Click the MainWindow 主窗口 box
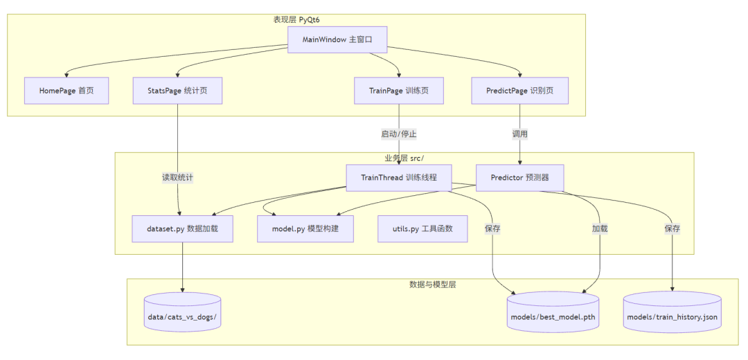(337, 39)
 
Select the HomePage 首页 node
(66, 90)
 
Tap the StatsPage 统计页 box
(177, 90)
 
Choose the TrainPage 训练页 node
(399, 90)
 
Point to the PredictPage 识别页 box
(519, 90)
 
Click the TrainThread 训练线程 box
(400, 178)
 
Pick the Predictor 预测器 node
(520, 178)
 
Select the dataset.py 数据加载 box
(183, 228)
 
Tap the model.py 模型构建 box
(305, 228)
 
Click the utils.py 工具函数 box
(422, 228)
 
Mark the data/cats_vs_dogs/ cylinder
(183, 312)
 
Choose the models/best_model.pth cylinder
(553, 312)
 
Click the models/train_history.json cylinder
(672, 312)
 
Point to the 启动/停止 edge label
(399, 134)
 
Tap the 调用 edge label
(519, 134)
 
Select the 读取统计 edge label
(178, 178)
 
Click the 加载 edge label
(600, 228)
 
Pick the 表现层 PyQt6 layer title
(296, 19)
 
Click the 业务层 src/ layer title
(404, 158)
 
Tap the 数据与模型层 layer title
(433, 285)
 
